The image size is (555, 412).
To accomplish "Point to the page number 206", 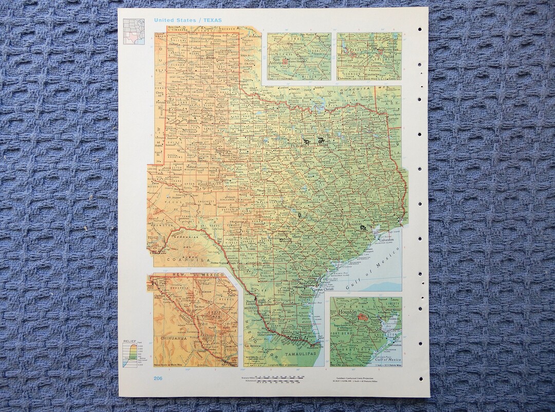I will [x=158, y=379].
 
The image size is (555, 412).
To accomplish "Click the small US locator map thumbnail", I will [x=134, y=31].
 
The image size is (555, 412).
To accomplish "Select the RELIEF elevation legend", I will [x=132, y=354].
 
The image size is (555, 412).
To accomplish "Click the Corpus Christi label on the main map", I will [x=326, y=289].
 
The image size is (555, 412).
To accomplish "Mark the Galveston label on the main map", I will [x=386, y=239].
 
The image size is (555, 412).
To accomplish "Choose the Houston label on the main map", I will [x=354, y=224].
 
